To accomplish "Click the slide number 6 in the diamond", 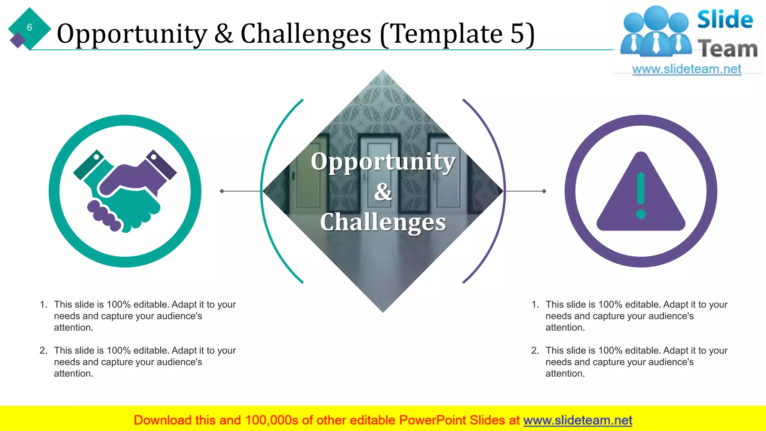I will pyautogui.click(x=29, y=27).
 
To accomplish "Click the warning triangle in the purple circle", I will pyautogui.click(x=641, y=195).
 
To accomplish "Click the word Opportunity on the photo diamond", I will pyautogui.click(x=383, y=162).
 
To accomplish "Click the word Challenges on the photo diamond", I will pyautogui.click(x=383, y=222).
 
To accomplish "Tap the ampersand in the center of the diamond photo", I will pyautogui.click(x=383, y=192).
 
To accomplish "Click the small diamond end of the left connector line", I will pyautogui.click(x=222, y=191).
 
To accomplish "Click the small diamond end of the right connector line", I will pyautogui.click(x=544, y=191).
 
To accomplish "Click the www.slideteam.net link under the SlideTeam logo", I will pyautogui.click(x=686, y=69).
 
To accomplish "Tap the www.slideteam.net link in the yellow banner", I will pyautogui.click(x=577, y=420).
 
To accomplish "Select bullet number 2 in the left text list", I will pyautogui.click(x=43, y=351).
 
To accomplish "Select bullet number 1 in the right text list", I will pyautogui.click(x=535, y=305).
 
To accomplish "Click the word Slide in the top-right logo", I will pyautogui.click(x=725, y=19).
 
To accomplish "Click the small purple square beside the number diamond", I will pyautogui.click(x=17, y=40).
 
